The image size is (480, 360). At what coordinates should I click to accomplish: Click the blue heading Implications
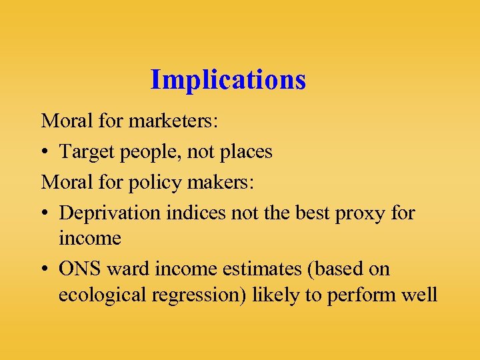coord(228,80)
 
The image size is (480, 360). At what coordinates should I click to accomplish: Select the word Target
coord(83,152)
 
